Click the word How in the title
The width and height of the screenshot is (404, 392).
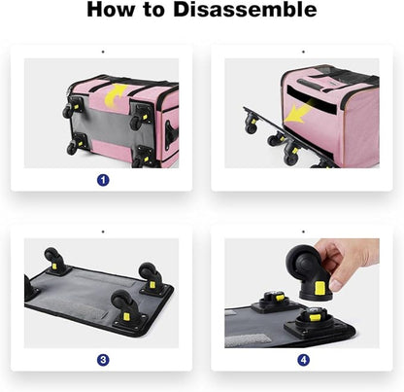point(111,10)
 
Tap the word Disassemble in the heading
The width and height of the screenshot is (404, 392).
point(245,10)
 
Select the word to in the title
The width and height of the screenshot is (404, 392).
point(154,10)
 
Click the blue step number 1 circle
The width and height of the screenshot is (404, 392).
point(103,180)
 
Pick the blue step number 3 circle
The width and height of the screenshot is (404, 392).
point(103,360)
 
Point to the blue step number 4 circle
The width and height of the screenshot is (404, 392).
point(303,360)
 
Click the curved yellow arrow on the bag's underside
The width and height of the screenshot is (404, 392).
point(115,94)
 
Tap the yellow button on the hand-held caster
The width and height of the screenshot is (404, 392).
point(320,288)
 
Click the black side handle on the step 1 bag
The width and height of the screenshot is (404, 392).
point(171,134)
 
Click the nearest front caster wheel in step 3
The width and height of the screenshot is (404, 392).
point(122,303)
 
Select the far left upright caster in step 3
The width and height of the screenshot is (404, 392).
point(52,257)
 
